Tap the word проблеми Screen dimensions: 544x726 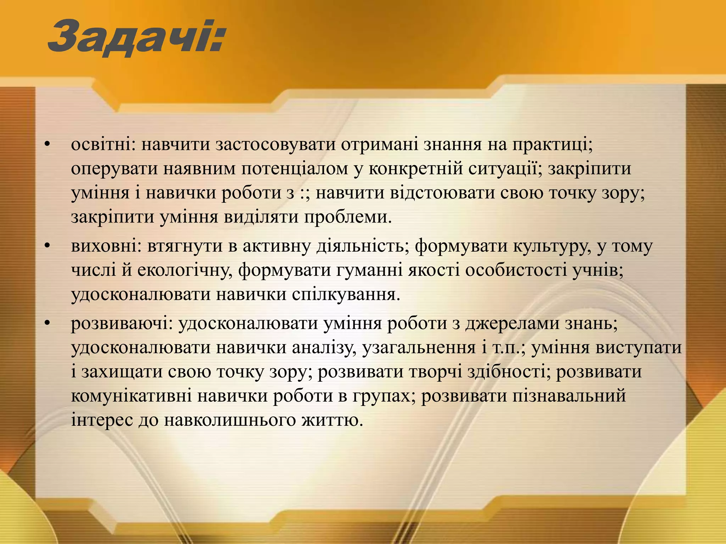coord(347,217)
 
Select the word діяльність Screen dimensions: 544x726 coord(360,246)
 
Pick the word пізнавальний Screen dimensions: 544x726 coord(569,396)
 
